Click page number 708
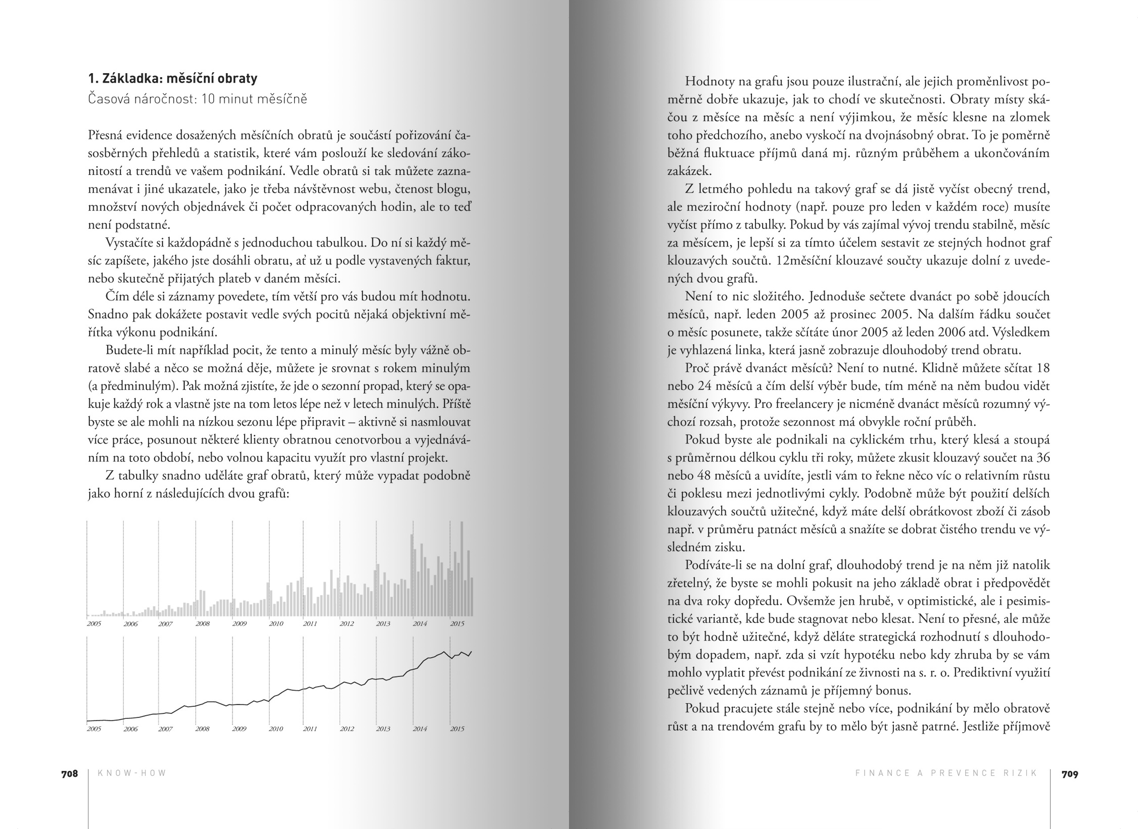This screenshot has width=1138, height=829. click(x=70, y=773)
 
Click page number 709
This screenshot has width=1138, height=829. click(x=1070, y=773)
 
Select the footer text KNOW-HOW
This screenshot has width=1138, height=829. click(x=132, y=773)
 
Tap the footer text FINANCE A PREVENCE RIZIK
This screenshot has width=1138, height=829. click(x=946, y=773)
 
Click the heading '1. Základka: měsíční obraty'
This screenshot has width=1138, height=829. click(x=172, y=78)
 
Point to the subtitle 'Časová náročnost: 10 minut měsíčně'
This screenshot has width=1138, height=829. click(x=197, y=99)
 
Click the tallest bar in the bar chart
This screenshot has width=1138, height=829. click(x=461, y=568)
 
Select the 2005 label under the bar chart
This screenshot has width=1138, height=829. click(x=94, y=624)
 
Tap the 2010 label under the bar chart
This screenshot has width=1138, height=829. click(x=276, y=624)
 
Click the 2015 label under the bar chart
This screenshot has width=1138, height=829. click(x=457, y=624)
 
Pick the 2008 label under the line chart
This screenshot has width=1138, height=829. click(x=202, y=729)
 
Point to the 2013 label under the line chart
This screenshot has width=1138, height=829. click(x=383, y=729)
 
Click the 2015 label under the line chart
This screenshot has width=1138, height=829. click(x=457, y=729)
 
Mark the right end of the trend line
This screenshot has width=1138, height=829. click(x=471, y=652)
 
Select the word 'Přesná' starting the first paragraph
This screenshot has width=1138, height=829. click(x=105, y=135)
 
